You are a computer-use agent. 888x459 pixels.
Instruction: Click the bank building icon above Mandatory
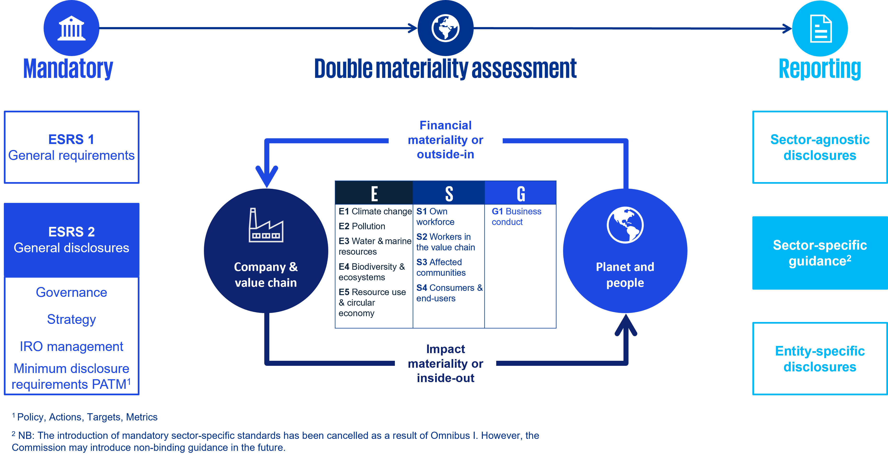(71, 28)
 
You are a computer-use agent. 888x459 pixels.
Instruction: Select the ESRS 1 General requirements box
(71, 147)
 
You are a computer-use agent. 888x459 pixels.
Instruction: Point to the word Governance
(71, 292)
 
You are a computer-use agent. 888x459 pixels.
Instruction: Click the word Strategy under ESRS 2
(71, 319)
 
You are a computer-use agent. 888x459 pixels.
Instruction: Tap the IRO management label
(71, 346)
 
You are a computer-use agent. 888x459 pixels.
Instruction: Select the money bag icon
(334, 271)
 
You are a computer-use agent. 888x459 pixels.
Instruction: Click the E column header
(374, 193)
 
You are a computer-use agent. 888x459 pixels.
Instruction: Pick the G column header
(520, 193)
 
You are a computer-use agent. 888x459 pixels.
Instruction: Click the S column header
(449, 193)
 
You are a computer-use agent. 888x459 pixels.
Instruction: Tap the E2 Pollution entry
(362, 226)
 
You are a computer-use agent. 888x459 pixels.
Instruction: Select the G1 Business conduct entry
(516, 216)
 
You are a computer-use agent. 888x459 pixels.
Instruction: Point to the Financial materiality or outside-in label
(445, 140)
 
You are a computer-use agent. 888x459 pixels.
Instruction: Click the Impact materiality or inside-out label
(445, 363)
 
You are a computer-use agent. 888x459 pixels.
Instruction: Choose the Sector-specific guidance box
(820, 253)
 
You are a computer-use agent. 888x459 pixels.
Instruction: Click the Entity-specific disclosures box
(820, 359)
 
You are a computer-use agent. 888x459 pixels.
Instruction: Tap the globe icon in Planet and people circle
(625, 225)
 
